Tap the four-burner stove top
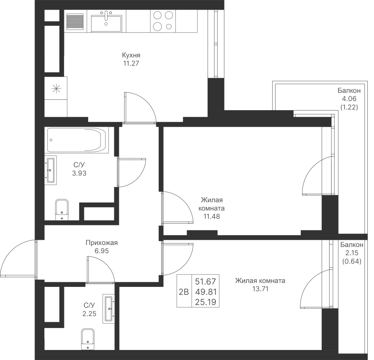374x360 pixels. pyautogui.click(x=163, y=21)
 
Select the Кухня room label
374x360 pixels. pyautogui.click(x=131, y=55)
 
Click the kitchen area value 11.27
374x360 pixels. pyautogui.click(x=131, y=64)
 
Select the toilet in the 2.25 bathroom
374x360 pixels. pyautogui.click(x=88, y=339)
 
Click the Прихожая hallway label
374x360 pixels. pyautogui.click(x=102, y=243)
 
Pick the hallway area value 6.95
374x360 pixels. pyautogui.click(x=102, y=251)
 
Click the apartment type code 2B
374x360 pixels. pyautogui.click(x=184, y=292)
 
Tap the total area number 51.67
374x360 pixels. pyautogui.click(x=206, y=281)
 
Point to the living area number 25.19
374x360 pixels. pyautogui.click(x=206, y=302)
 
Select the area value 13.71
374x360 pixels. pyautogui.click(x=261, y=289)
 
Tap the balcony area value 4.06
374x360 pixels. pyautogui.click(x=349, y=99)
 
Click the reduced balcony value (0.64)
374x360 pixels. pyautogui.click(x=352, y=261)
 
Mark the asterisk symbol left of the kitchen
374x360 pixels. pyautogui.click(x=57, y=89)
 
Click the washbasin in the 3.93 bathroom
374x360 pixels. pyautogui.click(x=51, y=170)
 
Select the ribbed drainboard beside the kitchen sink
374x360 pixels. pyautogui.click(x=75, y=21)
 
